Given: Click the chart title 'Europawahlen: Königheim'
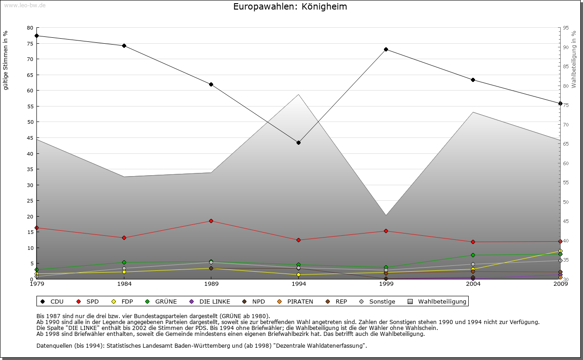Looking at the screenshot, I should [290, 6].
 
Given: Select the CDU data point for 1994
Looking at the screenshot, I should [298, 143].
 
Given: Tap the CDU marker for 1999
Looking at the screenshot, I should [386, 49].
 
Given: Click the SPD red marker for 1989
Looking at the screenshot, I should [211, 221].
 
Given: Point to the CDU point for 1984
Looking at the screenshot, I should [124, 46].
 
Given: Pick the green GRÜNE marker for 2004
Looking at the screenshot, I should [473, 255].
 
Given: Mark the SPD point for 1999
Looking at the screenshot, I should [386, 231].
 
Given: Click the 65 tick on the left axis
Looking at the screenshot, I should [30, 75].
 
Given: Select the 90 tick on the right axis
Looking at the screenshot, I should [565, 47].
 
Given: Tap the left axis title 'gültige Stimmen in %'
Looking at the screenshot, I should [6, 60].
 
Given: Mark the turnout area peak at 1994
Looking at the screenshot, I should [298, 95].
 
